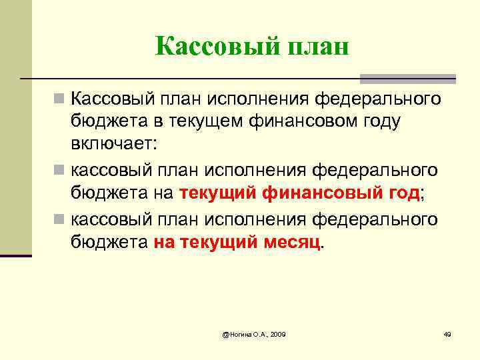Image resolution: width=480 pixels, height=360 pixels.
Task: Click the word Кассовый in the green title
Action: (209, 47)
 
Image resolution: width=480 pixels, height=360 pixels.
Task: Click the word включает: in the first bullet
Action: (113, 143)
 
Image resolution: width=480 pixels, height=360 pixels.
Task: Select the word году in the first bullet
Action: (381, 121)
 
